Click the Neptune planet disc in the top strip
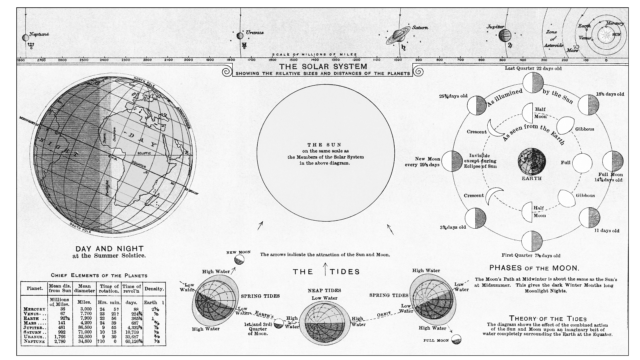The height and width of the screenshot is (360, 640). click(25, 38)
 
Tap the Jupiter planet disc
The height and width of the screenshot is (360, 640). click(505, 35)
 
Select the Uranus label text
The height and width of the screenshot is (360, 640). click(255, 33)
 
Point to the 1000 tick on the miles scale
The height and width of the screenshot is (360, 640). click(397, 60)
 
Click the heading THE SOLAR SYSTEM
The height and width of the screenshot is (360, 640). click(323, 66)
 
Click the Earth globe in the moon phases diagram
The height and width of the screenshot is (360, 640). click(532, 161)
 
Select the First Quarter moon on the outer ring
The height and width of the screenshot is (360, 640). click(532, 241)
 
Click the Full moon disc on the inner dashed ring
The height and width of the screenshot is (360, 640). click(582, 163)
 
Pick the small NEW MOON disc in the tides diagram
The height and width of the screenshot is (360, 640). click(239, 260)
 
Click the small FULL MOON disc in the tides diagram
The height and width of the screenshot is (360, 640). click(457, 340)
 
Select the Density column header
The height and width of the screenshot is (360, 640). click(154, 289)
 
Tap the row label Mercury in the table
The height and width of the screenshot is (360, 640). click(35, 309)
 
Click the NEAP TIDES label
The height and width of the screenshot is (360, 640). click(324, 291)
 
